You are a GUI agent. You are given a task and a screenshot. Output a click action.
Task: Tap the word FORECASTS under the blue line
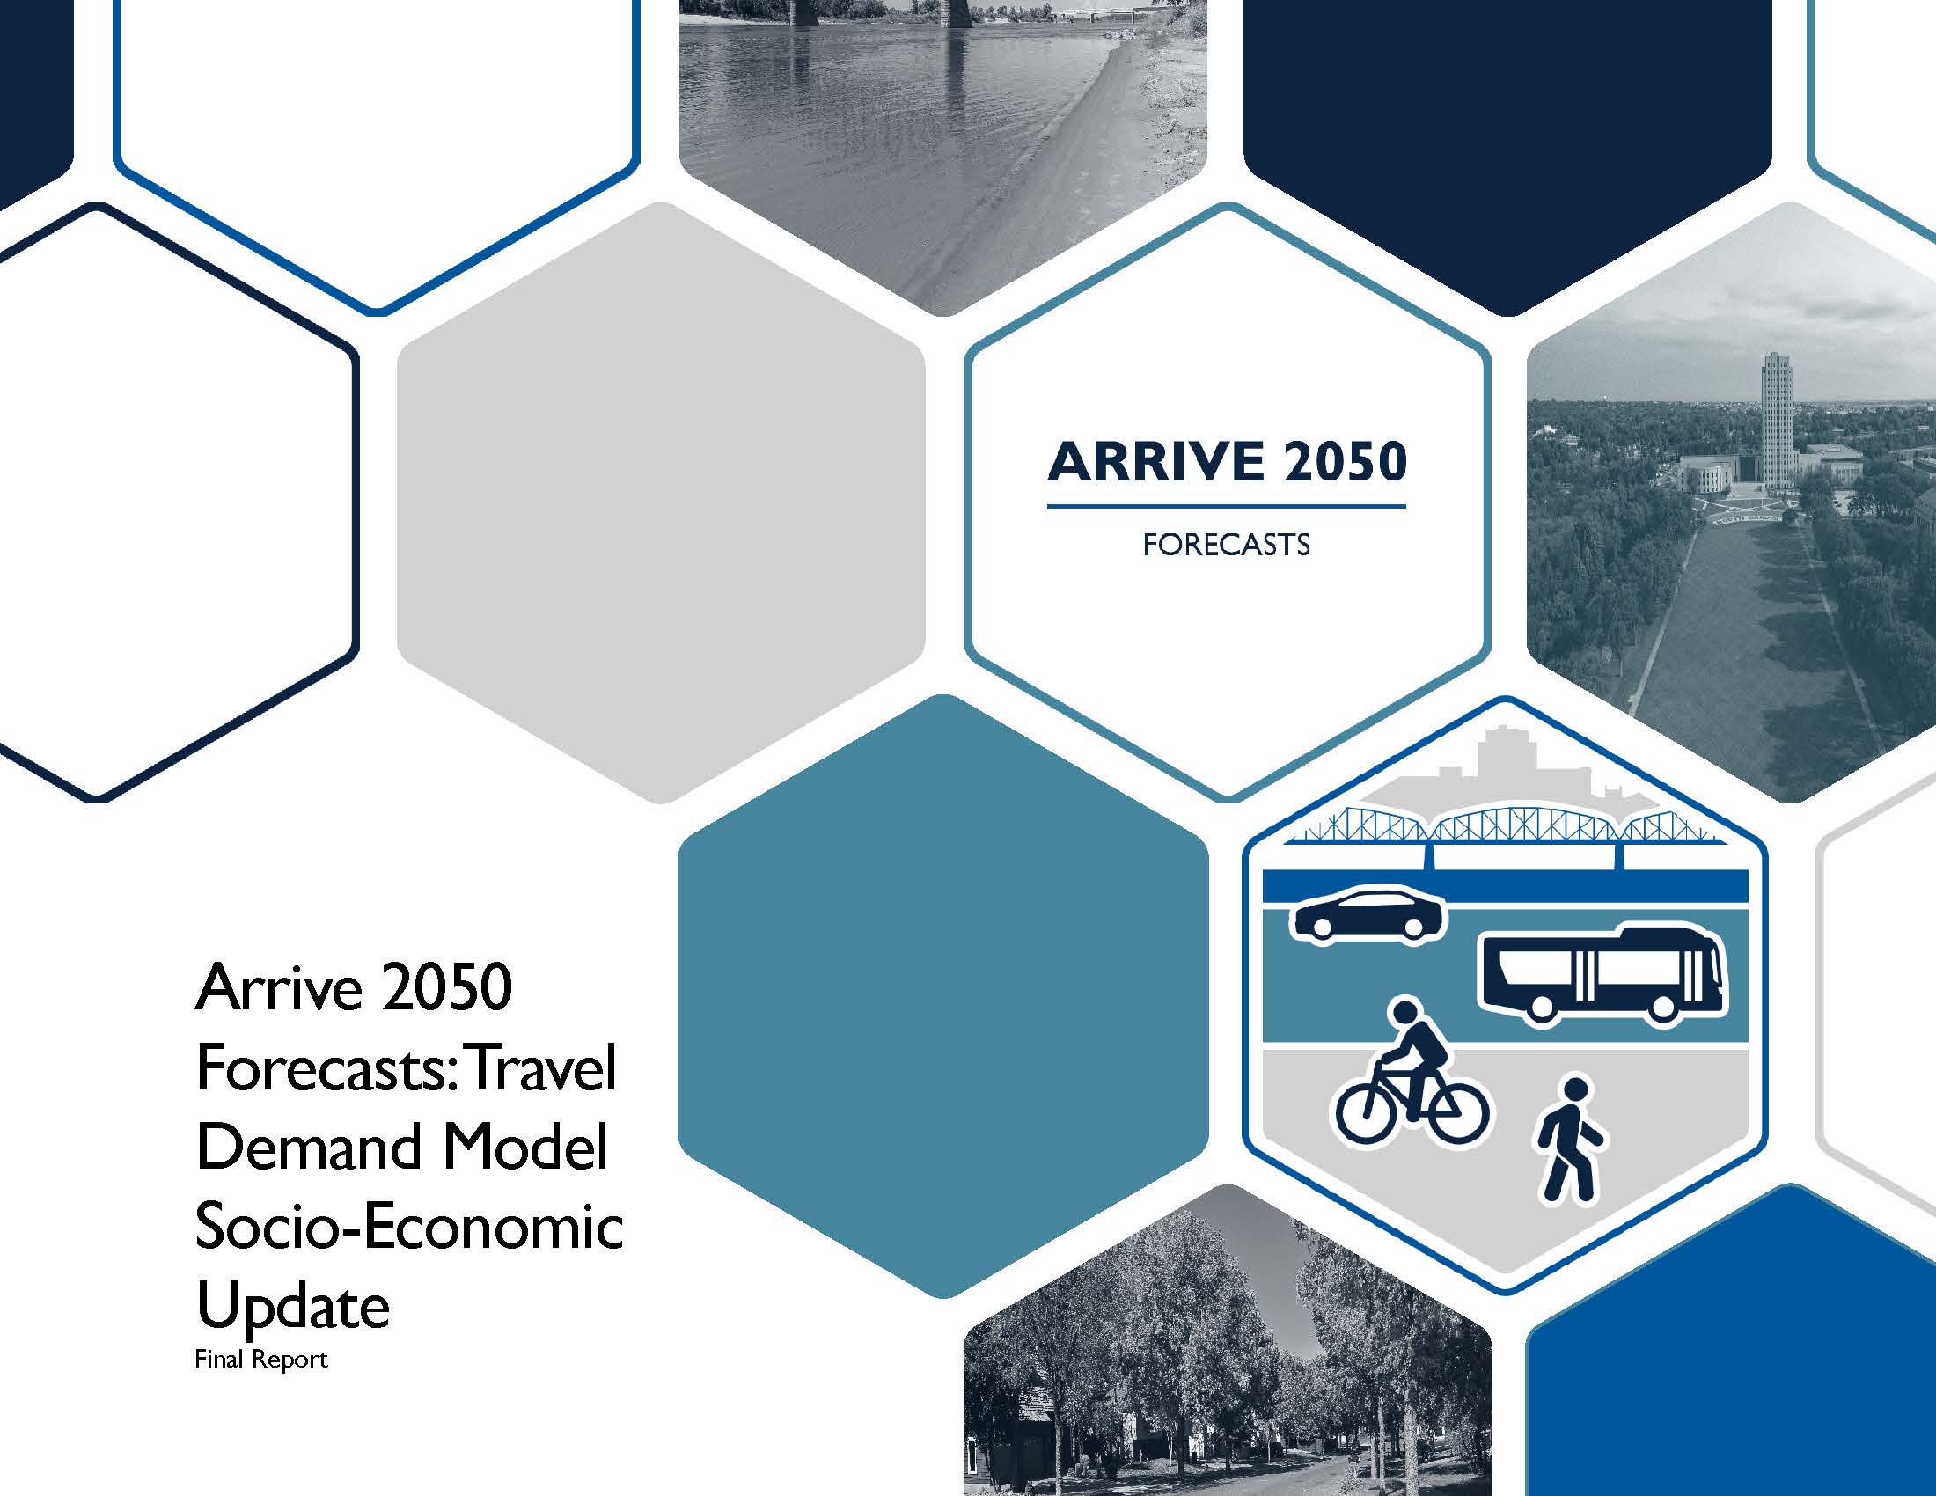[1226, 544]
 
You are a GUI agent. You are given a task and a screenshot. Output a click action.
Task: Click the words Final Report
[260, 1360]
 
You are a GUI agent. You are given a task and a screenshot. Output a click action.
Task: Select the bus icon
[1602, 975]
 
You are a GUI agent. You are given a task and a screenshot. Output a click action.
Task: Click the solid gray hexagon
[660, 502]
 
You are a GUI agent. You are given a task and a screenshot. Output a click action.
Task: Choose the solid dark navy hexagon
[1507, 133]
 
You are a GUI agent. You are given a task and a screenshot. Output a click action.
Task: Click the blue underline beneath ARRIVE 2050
[1226, 507]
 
